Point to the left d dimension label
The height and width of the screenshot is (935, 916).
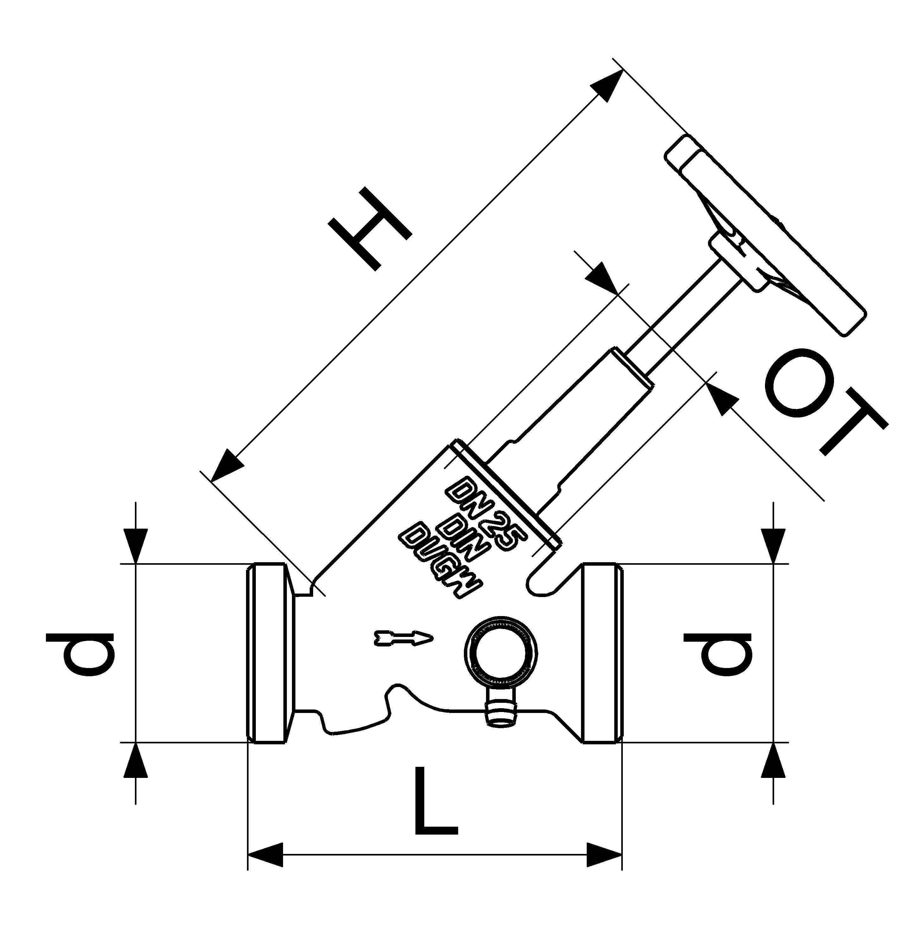pos(81,653)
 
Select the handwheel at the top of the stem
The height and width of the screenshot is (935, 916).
pos(765,236)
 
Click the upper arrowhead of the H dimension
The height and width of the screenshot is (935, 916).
pos(607,86)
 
